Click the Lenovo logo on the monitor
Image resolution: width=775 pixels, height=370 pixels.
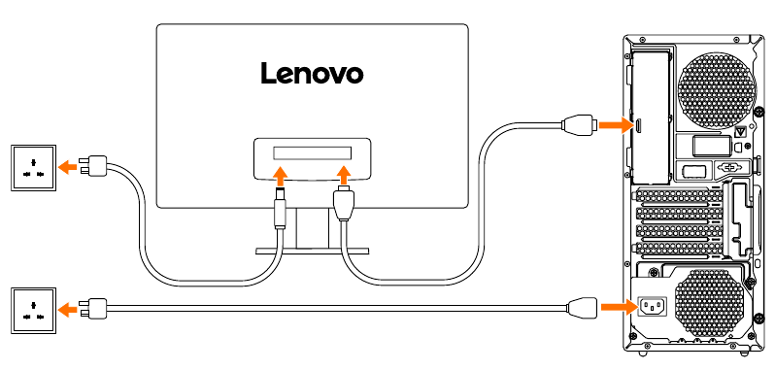click(x=312, y=73)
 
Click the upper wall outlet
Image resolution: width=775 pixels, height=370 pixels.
click(x=34, y=166)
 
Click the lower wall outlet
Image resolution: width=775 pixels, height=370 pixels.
click(x=34, y=310)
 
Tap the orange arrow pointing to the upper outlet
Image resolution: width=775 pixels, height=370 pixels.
click(x=67, y=166)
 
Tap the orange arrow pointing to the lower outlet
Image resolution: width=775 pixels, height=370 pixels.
click(x=67, y=310)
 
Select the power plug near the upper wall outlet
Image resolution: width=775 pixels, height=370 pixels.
click(x=96, y=166)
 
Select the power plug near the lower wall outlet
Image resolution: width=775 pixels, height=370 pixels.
click(x=96, y=309)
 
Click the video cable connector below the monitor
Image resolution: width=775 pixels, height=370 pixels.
click(x=343, y=207)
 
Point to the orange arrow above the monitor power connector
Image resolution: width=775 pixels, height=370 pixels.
click(x=281, y=175)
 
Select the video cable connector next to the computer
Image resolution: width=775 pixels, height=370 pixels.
click(x=578, y=125)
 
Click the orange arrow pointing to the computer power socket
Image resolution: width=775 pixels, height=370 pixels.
click(x=614, y=308)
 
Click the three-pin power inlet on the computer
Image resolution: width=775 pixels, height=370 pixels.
click(x=651, y=308)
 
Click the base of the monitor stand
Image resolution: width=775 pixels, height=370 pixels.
click(x=312, y=251)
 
